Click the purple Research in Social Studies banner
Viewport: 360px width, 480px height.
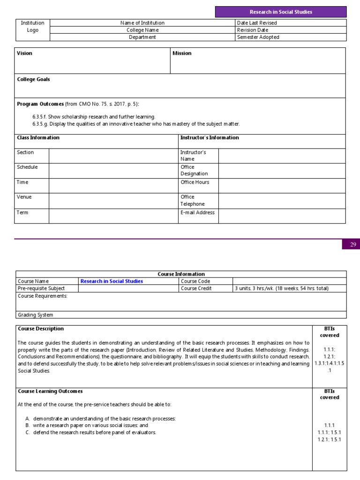tap(281, 12)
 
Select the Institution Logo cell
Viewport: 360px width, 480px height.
tap(32, 27)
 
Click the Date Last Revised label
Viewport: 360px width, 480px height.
tap(257, 23)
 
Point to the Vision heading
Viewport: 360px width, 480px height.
tap(25, 53)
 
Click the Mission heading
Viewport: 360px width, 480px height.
tap(182, 53)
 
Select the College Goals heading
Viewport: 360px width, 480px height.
tap(33, 80)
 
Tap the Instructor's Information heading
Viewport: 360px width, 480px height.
tap(210, 138)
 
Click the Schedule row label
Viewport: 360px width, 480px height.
tap(27, 167)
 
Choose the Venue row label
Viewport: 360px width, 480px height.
tap(24, 197)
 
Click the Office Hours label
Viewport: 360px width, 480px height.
tap(195, 182)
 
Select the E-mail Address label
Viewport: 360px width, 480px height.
tap(197, 213)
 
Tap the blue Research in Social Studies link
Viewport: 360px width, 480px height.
tap(112, 281)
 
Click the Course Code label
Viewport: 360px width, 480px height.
tap(196, 281)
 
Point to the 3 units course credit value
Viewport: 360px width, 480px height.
tap(281, 289)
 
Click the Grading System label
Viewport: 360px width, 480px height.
tap(35, 315)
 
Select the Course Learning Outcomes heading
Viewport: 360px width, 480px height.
tap(50, 391)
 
